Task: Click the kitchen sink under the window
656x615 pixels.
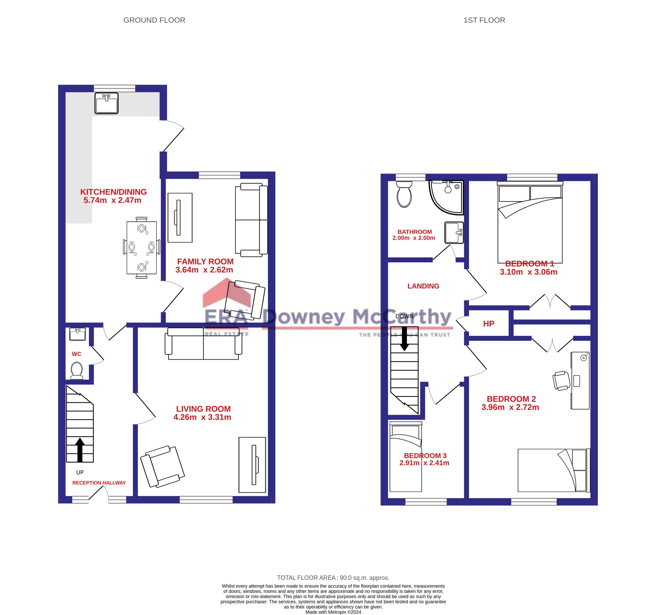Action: [x=106, y=103]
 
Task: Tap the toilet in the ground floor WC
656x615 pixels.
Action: [x=77, y=370]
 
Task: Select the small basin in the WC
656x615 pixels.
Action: [x=78, y=334]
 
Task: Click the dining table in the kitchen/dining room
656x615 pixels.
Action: [x=141, y=248]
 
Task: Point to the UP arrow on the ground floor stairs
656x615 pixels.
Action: [x=80, y=450]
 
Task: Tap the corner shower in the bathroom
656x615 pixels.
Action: [x=446, y=197]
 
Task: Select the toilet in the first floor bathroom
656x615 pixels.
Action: [x=404, y=194]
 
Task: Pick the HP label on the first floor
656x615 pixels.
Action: [x=488, y=324]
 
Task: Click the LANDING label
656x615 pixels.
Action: [x=423, y=286]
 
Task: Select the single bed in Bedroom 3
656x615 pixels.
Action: [x=406, y=457]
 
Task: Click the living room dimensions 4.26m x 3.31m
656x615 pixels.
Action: [x=202, y=417]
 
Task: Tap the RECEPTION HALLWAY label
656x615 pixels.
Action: [x=99, y=483]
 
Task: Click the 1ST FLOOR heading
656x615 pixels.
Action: [x=484, y=20]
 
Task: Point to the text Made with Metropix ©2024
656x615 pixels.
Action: [x=333, y=612]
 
